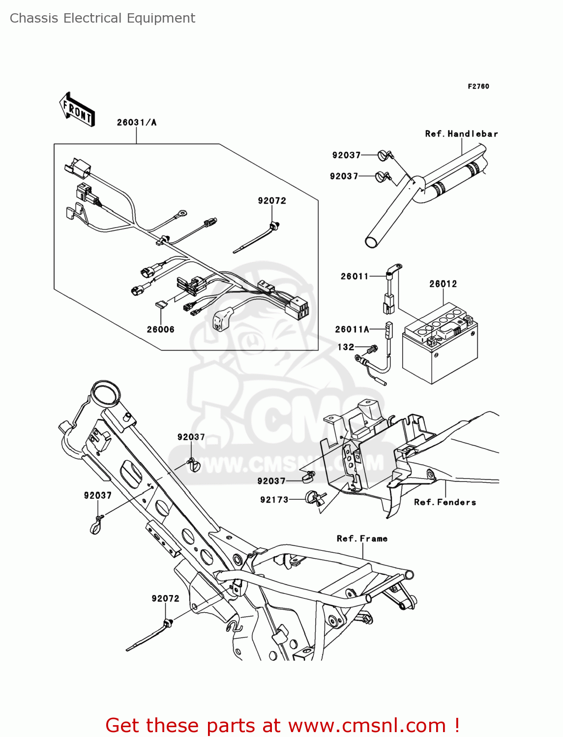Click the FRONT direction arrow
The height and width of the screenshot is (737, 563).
pyautogui.click(x=77, y=110)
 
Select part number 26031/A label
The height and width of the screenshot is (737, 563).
pyautogui.click(x=136, y=122)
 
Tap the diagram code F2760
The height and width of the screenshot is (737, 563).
pyautogui.click(x=478, y=86)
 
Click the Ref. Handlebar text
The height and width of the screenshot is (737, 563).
pyautogui.click(x=461, y=134)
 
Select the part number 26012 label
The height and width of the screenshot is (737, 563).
pyautogui.click(x=443, y=284)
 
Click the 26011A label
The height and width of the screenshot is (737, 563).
pyautogui.click(x=352, y=329)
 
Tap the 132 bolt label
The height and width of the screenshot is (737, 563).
pyautogui.click(x=346, y=347)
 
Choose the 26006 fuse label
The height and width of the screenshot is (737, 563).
pyautogui.click(x=160, y=329)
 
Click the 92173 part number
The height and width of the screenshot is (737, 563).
pyautogui.click(x=274, y=500)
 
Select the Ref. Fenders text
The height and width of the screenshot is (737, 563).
pyautogui.click(x=444, y=502)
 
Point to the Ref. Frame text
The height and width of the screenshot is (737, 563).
pyautogui.click(x=362, y=539)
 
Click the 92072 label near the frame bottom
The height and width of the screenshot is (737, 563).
pyautogui.click(x=165, y=598)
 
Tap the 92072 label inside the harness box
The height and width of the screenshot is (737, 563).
pyautogui.click(x=271, y=200)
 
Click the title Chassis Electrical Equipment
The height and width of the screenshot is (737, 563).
pyautogui.click(x=102, y=18)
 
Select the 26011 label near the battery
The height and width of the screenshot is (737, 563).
pyautogui.click(x=354, y=276)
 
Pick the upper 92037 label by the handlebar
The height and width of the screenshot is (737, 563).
pyautogui.click(x=346, y=155)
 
